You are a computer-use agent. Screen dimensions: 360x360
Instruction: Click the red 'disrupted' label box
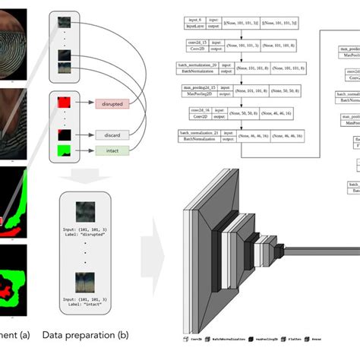[x=114, y=103]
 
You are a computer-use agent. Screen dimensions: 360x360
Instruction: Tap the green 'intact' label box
[x=114, y=152]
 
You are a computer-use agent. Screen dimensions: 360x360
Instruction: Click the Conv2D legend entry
[x=196, y=338]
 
